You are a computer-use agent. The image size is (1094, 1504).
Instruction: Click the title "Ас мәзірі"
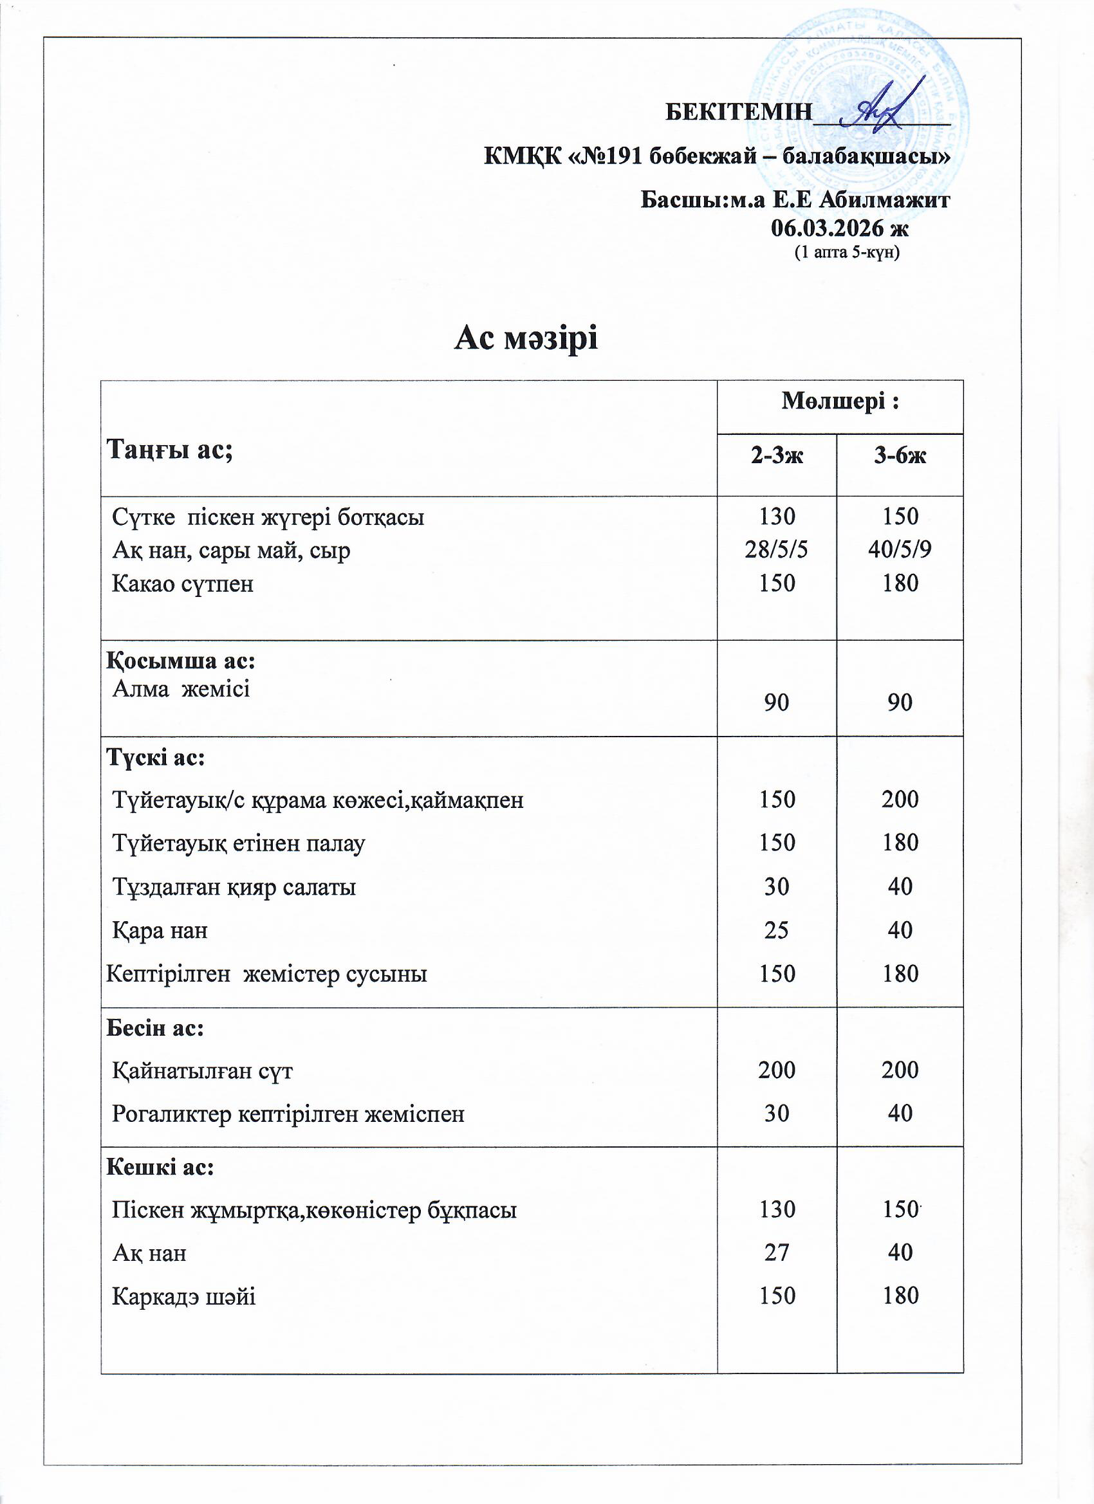click(x=526, y=340)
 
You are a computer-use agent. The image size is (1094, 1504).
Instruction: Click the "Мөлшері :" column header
click(x=840, y=402)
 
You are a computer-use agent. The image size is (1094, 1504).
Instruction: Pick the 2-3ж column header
click(x=776, y=455)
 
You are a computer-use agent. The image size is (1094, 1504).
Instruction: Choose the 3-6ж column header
click(x=900, y=455)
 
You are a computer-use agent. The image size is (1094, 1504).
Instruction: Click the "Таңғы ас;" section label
click(x=169, y=450)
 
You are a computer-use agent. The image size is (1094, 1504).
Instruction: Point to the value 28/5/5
click(x=776, y=550)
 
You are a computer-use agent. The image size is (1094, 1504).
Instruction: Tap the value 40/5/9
click(x=900, y=550)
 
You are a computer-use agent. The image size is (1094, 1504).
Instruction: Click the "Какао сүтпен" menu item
click(x=183, y=584)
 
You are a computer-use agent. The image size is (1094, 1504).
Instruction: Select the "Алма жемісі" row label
click(x=181, y=690)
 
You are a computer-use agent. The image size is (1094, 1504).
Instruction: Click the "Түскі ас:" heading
click(x=155, y=758)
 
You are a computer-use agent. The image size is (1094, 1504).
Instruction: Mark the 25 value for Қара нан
click(x=776, y=930)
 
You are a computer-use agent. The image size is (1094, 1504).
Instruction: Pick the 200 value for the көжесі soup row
click(x=900, y=800)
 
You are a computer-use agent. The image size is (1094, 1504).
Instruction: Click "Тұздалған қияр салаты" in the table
click(x=234, y=887)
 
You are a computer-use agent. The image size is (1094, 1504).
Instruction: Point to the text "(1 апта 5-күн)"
click(x=846, y=253)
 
